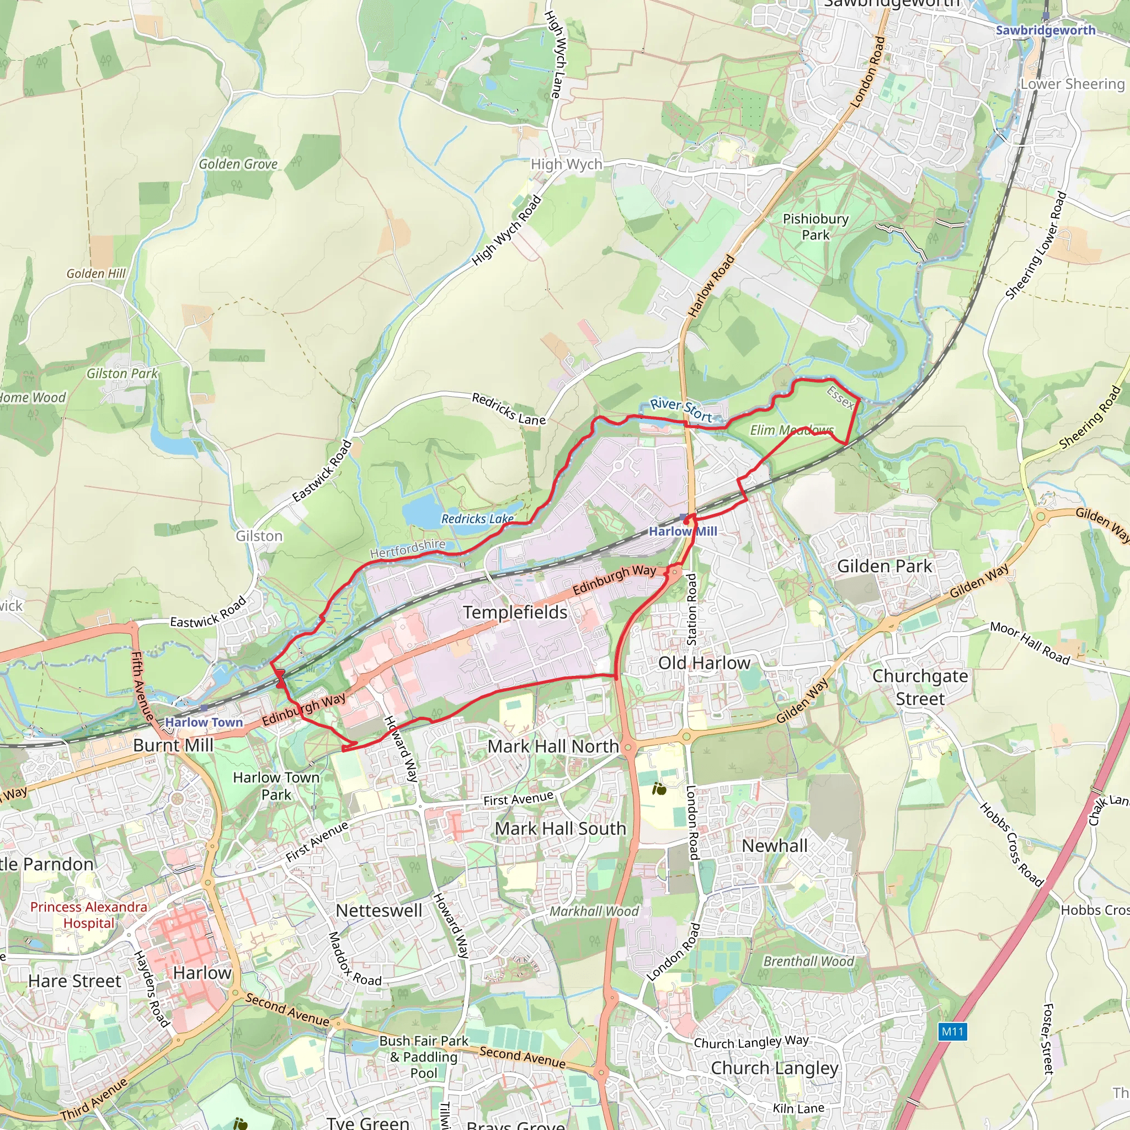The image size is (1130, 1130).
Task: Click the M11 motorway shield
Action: [x=952, y=1031]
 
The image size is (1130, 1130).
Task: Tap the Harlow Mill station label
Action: [x=683, y=531]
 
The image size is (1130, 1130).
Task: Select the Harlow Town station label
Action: [x=204, y=722]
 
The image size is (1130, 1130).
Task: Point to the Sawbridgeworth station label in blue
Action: [x=1045, y=30]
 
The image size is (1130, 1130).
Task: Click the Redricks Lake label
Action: [x=477, y=519]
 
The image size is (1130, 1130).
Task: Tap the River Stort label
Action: [x=681, y=410]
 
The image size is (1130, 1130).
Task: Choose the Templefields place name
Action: [x=515, y=612]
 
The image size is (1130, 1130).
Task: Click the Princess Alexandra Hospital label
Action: [x=89, y=915]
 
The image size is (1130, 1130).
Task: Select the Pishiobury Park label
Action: [x=815, y=226]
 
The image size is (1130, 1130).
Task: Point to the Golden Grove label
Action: [x=238, y=164]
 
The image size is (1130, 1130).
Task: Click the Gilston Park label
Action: [x=122, y=373]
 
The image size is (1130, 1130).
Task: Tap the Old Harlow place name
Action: [x=704, y=663]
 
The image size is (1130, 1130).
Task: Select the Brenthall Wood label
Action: [x=808, y=961]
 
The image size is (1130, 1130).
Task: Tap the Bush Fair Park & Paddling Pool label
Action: [x=424, y=1057]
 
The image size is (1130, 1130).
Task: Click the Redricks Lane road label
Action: [x=508, y=409]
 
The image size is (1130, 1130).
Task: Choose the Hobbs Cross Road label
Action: [x=1011, y=845]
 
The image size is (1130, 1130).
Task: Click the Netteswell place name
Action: [x=379, y=910]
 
